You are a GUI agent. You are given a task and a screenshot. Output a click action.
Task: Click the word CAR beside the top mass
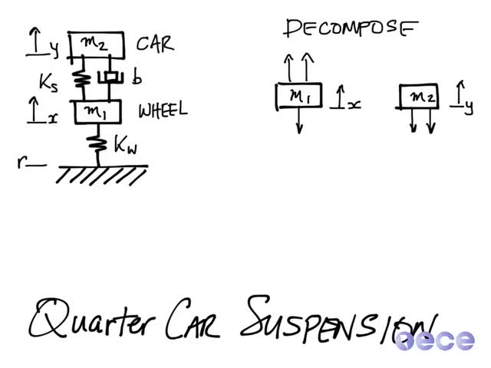(x=155, y=44)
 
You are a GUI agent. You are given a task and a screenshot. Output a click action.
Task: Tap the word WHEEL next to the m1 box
(x=163, y=110)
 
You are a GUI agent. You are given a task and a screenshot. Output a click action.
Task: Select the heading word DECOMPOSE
(x=351, y=28)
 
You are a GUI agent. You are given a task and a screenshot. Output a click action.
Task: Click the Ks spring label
(x=49, y=83)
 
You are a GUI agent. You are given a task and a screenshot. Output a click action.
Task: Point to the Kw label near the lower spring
(x=126, y=145)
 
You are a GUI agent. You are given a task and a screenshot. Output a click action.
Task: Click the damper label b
(x=137, y=77)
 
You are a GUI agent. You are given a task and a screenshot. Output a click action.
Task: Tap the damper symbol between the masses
(x=110, y=77)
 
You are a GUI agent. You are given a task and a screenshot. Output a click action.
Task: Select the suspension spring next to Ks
(x=83, y=79)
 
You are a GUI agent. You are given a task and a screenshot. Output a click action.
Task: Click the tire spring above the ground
(x=98, y=144)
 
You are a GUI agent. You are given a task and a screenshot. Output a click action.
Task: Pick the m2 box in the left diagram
(x=97, y=45)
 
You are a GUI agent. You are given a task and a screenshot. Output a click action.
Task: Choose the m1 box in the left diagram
(x=97, y=112)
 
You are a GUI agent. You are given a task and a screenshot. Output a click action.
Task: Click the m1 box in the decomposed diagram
(x=299, y=96)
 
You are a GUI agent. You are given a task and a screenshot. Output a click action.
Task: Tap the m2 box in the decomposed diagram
(x=418, y=96)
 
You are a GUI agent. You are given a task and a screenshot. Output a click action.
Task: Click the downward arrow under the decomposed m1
(x=300, y=121)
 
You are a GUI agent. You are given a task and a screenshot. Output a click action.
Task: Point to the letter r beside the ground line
(x=22, y=162)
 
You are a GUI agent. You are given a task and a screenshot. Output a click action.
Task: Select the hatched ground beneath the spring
(x=102, y=175)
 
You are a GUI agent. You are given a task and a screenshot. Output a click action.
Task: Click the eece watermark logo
(x=435, y=340)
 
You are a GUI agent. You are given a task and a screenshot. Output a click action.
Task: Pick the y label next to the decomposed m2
(x=469, y=108)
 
